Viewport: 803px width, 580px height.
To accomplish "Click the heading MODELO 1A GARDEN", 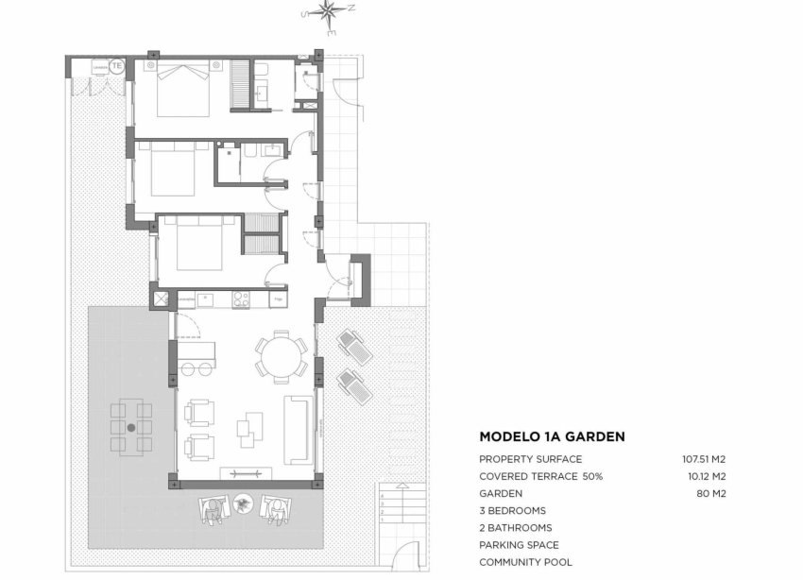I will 552,436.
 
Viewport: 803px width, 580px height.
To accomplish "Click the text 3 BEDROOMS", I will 515,510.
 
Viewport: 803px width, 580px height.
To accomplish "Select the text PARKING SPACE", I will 519,545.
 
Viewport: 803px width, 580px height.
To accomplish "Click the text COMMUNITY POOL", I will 524,562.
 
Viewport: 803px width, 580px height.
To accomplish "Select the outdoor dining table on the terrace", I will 130,426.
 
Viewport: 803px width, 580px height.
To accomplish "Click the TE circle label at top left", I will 116,66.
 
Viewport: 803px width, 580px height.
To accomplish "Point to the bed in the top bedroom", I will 183,87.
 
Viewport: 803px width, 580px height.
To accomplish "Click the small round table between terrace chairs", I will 245,504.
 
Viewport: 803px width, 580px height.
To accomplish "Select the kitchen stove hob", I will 240,299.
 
